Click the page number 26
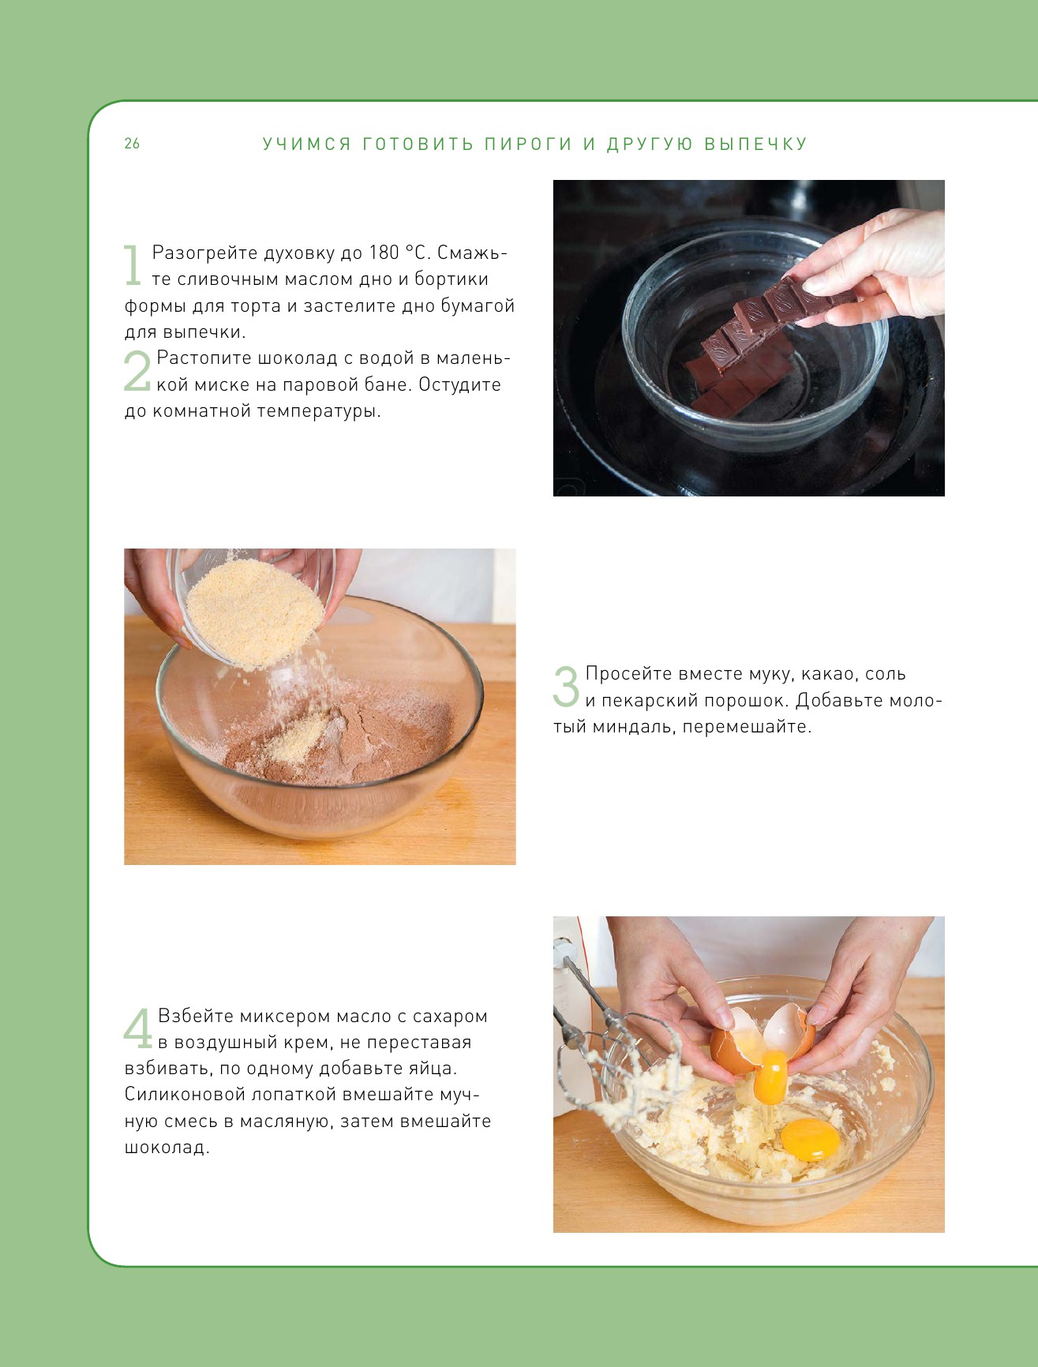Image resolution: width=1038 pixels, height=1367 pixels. [132, 143]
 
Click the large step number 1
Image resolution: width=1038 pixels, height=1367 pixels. [133, 265]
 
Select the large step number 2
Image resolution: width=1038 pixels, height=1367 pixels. [137, 371]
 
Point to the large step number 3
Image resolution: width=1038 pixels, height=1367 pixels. [566, 686]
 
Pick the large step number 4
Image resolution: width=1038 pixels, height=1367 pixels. [138, 1028]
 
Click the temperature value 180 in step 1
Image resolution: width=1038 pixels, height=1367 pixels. [384, 253]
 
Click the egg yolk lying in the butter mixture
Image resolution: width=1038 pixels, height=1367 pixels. [810, 1140]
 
